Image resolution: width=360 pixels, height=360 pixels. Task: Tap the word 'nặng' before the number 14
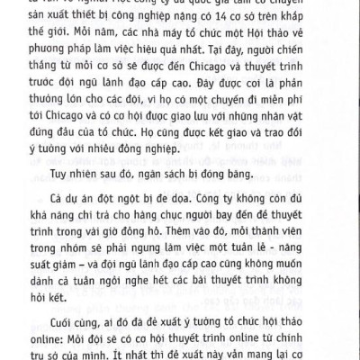[x=191, y=29]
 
